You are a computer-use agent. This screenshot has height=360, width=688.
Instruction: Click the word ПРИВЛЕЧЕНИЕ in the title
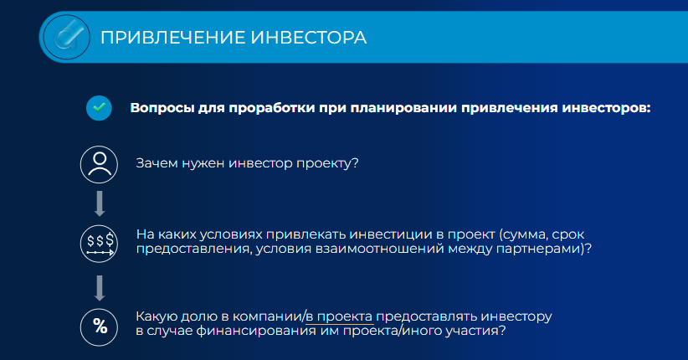[173, 38]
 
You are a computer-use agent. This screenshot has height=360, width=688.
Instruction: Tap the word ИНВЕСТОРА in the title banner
[309, 38]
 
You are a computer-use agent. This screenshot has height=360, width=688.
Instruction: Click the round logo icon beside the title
[67, 38]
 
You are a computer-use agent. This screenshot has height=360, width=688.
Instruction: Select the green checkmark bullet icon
[99, 108]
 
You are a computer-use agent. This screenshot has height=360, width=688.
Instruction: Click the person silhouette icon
[99, 165]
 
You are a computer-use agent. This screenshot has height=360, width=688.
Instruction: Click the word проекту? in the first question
[327, 164]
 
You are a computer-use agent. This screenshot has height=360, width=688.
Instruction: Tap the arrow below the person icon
[100, 203]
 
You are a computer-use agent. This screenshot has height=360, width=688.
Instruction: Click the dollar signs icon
[99, 244]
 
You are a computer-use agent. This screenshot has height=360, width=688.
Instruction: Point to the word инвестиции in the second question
[392, 234]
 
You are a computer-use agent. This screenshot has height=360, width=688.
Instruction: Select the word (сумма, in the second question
[523, 235]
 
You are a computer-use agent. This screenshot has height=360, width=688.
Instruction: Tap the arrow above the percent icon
[100, 288]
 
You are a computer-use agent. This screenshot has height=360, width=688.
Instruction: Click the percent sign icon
[99, 327]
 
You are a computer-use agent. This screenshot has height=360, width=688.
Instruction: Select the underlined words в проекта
[339, 316]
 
